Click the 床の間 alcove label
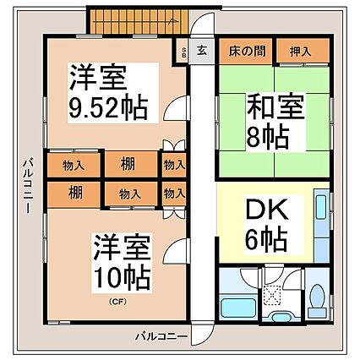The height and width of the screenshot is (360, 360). [246, 51]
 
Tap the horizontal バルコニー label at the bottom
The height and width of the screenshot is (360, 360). [162, 337]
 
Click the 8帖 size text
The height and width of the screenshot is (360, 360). [269, 135]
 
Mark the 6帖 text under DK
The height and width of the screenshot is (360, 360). [268, 239]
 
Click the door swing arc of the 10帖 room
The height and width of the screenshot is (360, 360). [173, 251]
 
